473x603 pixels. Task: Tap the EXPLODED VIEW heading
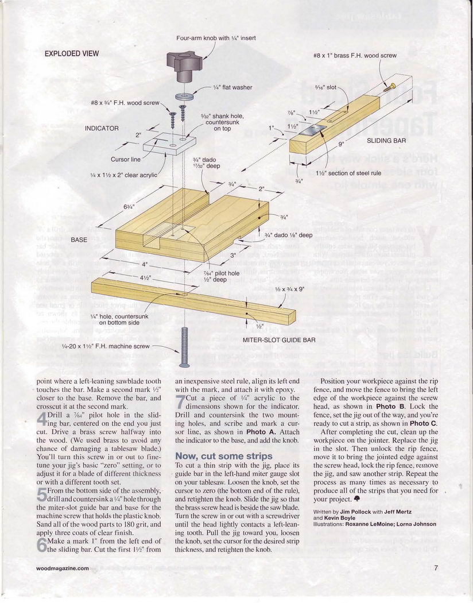pyautogui.click(x=72, y=54)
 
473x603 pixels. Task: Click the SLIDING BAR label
pyautogui.click(x=386, y=140)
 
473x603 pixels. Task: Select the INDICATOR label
pyautogui.click(x=102, y=128)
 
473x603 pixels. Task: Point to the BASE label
pyautogui.click(x=79, y=239)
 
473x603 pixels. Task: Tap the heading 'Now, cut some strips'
pyautogui.click(x=214, y=455)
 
